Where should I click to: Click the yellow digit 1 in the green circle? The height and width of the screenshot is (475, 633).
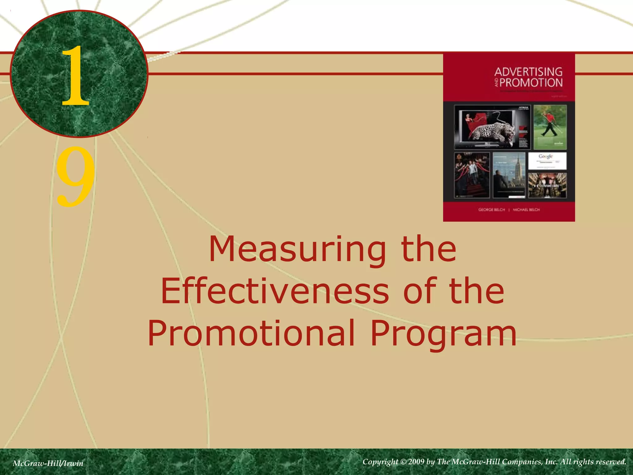click(75, 76)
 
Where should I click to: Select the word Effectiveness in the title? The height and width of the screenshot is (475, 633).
click(275, 291)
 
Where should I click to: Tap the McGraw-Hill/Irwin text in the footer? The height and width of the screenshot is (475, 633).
click(48, 463)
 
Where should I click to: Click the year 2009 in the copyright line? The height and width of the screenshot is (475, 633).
click(416, 462)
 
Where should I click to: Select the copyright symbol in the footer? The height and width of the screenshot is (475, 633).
click(403, 462)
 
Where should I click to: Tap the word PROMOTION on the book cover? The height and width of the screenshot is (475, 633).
click(531, 83)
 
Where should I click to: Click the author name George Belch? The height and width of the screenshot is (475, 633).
click(491, 210)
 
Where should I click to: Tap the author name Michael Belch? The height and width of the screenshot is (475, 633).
click(526, 210)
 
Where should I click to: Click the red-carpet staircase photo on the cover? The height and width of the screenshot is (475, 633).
click(472, 175)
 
